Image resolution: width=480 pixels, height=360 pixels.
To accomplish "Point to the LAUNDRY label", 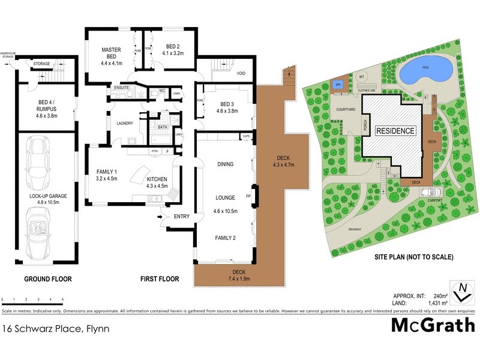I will (x=125, y=124).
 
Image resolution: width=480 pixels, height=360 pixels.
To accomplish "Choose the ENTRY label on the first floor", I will (x=182, y=217).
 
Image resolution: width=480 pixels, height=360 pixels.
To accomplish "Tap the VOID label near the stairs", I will (x=241, y=74).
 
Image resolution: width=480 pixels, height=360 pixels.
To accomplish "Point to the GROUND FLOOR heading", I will (x=48, y=279).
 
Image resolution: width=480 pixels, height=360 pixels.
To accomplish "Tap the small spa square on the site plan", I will (x=338, y=83).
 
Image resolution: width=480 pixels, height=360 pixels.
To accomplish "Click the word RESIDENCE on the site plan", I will (x=395, y=130).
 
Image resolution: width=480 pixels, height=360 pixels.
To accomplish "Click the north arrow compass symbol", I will (x=461, y=291).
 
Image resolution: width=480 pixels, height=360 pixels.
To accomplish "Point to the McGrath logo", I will (x=432, y=325).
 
